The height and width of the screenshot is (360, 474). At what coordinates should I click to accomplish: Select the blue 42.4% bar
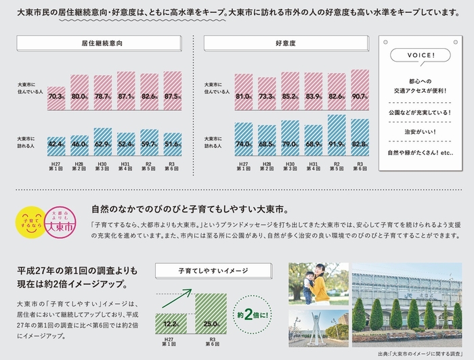pyautogui.click(x=57, y=144)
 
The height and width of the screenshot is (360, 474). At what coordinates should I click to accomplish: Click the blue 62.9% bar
pyautogui.click(x=103, y=141)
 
